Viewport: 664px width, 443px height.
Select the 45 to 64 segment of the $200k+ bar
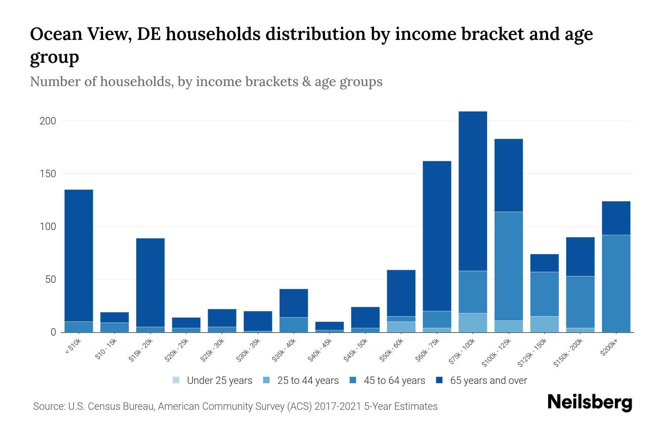tap(616, 284)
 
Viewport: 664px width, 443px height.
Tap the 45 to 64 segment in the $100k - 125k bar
tap(508, 266)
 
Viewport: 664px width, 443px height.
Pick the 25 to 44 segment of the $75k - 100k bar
tap(473, 323)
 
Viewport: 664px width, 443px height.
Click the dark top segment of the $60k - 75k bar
tap(437, 236)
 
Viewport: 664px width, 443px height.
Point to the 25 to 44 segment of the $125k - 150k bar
tap(544, 324)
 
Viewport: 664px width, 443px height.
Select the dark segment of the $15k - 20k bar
tap(150, 282)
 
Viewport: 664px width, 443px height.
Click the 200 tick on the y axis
tap(48, 121)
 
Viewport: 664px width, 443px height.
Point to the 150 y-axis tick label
tap(48, 174)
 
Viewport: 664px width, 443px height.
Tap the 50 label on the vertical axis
tap(51, 279)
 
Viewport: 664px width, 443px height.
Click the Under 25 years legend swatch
tap(176, 380)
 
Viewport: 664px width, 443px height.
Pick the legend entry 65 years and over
tap(488, 381)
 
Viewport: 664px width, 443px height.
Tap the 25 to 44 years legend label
tap(308, 381)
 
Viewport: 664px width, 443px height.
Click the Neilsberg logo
tap(589, 402)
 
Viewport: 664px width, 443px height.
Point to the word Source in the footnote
tap(48, 406)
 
